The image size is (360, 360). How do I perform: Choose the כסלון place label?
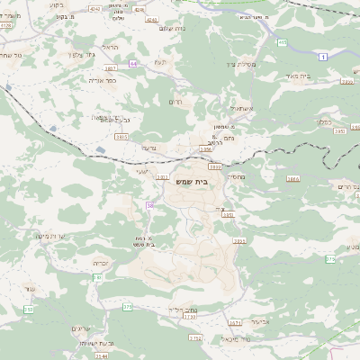click(327, 122)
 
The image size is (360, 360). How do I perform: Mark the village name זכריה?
click(101, 264)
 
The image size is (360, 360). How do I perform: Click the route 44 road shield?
click(133, 64)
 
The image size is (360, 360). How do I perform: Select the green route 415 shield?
click(282, 42)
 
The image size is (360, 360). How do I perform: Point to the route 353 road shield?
click(28, 309)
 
